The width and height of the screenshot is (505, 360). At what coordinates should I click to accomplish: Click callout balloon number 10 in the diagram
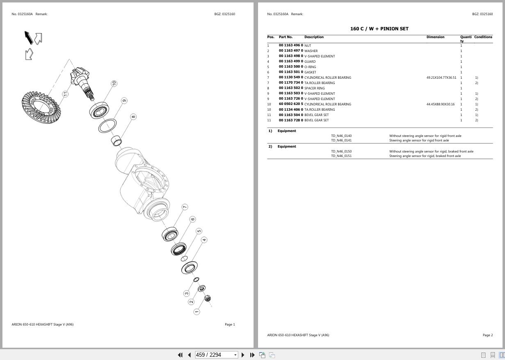(114, 83)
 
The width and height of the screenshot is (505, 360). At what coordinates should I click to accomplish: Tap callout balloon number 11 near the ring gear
(65, 94)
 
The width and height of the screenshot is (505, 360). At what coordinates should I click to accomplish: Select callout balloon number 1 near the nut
(197, 312)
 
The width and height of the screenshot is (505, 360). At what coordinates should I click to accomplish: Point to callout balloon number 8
(133, 117)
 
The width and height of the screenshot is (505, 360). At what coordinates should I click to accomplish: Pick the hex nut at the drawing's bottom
(208, 298)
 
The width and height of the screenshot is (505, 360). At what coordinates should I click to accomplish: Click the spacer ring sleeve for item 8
(117, 140)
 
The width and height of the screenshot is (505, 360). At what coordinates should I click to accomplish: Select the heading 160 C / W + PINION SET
(379, 29)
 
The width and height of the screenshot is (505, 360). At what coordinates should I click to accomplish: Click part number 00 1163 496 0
(291, 46)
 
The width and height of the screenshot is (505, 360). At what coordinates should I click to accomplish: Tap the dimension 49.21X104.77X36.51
(441, 77)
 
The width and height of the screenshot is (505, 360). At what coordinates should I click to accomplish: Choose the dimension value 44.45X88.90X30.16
(440, 104)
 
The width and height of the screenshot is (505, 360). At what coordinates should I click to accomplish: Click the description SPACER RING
(314, 88)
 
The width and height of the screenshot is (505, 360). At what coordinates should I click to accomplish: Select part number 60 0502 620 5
(291, 104)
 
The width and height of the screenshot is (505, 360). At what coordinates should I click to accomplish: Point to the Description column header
(314, 37)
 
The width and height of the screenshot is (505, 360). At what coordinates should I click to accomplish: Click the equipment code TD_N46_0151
(341, 156)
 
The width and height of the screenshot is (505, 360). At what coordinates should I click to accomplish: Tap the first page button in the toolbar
(180, 355)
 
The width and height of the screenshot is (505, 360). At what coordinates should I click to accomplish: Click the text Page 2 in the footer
(487, 335)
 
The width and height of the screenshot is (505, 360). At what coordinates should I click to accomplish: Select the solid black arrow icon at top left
(28, 38)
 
